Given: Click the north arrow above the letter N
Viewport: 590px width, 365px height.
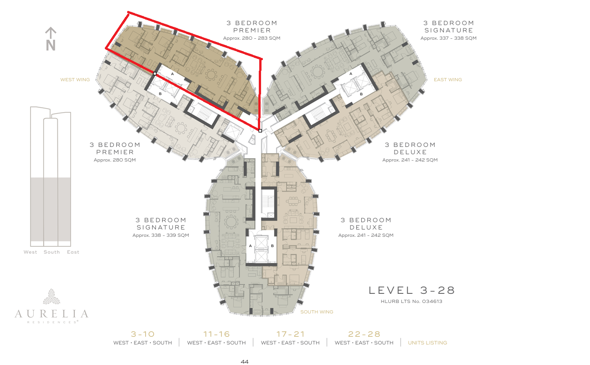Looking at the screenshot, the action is [x=51, y=33].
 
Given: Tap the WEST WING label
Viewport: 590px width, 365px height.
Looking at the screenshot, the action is [x=75, y=80].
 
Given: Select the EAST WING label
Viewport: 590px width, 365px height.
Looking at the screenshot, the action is [x=448, y=80].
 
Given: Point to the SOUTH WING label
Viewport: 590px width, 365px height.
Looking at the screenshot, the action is [x=317, y=312].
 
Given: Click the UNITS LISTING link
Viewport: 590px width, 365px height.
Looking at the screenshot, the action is [x=427, y=343].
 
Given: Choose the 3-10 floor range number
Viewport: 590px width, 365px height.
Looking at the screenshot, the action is [x=143, y=334].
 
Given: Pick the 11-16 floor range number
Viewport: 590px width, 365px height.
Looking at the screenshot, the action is [x=216, y=334].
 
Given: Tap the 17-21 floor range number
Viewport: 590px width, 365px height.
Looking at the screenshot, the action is [x=291, y=334].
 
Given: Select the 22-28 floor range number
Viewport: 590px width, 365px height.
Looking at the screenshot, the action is [x=364, y=334].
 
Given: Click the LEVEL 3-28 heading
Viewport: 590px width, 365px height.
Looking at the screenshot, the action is [x=412, y=290].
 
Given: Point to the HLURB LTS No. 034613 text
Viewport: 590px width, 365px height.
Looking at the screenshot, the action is [x=411, y=301].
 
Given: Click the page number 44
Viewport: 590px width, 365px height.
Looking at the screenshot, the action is [x=245, y=362].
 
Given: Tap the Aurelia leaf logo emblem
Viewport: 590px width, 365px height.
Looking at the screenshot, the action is [x=51, y=297].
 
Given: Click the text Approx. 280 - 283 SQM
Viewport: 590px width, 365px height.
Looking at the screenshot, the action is [x=251, y=38].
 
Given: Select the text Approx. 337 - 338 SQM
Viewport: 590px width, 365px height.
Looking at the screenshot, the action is [x=448, y=38].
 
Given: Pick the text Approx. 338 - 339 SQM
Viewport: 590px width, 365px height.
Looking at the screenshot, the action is [x=161, y=235].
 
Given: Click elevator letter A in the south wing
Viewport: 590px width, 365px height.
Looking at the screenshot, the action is [x=250, y=246].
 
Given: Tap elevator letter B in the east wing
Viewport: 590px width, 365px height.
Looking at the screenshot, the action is [x=361, y=94].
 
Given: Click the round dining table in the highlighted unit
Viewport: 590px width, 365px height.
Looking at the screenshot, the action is [x=211, y=74].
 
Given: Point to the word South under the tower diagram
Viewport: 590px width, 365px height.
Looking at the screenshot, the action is [x=51, y=252].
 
